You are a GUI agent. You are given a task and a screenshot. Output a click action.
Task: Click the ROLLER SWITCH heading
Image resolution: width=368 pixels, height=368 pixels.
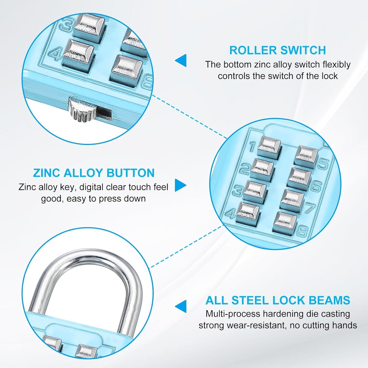click(x=277, y=50)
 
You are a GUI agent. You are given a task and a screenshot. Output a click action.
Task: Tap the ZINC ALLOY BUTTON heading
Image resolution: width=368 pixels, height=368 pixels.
click(x=94, y=173)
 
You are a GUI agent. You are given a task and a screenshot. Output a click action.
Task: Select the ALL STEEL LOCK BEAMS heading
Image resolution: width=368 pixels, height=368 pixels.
click(x=278, y=300)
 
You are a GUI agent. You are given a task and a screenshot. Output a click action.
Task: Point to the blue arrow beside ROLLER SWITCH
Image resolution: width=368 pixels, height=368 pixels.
click(x=181, y=61)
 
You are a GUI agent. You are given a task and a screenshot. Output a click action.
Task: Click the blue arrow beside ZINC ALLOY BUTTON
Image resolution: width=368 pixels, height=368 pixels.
click(x=180, y=185)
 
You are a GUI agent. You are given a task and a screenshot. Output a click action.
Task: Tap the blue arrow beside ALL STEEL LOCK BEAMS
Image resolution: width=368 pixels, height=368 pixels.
click(x=181, y=306)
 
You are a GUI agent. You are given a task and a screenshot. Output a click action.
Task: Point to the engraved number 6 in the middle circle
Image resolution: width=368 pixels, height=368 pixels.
click(x=317, y=186)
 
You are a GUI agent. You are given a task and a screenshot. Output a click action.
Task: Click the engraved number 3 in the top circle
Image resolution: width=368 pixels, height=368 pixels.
click(x=65, y=25)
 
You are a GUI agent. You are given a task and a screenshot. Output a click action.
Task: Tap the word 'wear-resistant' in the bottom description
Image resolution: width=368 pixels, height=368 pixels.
click(x=256, y=325)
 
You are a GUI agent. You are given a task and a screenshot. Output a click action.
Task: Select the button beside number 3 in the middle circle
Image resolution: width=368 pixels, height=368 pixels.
click(x=255, y=189)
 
